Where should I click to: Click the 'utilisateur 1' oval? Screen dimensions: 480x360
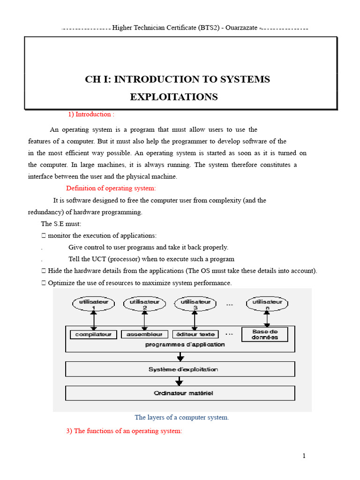pos(94,305)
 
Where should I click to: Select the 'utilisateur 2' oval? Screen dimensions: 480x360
pos(144,305)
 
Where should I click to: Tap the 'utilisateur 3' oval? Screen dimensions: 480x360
pos(195,305)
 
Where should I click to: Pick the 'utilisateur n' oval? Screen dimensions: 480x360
pos(268,305)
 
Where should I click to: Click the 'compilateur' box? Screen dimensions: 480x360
pos(93,334)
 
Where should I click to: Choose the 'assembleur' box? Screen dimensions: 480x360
pos(144,334)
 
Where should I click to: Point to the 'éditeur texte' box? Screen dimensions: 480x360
pos(195,334)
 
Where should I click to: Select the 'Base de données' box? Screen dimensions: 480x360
pos(264,334)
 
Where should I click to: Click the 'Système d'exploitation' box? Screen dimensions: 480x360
pos(180,369)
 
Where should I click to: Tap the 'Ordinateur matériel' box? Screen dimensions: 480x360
pos(180,393)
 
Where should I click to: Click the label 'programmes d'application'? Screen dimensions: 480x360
pos(185,345)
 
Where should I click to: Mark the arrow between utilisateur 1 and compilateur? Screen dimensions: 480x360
pos(94,321)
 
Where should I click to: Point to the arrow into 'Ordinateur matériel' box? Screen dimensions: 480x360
pos(180,381)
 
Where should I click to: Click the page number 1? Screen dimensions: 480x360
pos(304,456)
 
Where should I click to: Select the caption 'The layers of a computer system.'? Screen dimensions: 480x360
pos(182,417)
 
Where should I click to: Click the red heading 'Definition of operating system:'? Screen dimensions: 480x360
pos(111,188)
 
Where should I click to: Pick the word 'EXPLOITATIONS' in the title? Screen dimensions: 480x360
pos(173,97)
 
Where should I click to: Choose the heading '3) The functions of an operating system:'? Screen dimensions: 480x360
pos(124,431)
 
